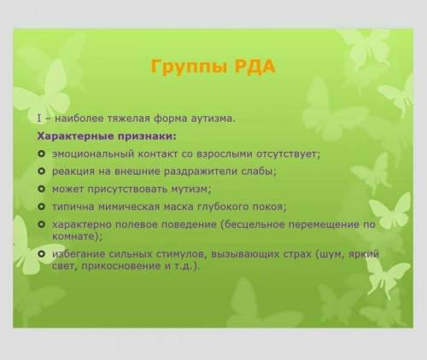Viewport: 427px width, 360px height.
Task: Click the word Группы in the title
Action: (190, 67)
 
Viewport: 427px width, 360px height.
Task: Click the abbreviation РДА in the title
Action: (254, 67)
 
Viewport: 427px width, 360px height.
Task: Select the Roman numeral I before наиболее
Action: (39, 119)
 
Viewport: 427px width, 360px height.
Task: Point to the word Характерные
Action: (75, 136)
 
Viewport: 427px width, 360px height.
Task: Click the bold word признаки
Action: (146, 136)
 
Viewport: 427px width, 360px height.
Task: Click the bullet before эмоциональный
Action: (42, 154)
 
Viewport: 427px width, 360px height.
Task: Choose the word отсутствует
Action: (289, 154)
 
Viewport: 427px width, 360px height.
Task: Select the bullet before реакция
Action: (42, 171)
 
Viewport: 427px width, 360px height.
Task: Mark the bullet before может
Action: (42, 189)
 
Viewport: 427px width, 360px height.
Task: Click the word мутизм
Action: (191, 189)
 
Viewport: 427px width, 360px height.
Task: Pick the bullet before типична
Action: (42, 206)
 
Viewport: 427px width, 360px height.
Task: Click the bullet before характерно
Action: (42, 224)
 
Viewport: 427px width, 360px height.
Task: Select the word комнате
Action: (75, 236)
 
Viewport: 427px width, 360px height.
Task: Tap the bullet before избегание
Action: (42, 253)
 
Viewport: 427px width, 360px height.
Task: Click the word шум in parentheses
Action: (330, 254)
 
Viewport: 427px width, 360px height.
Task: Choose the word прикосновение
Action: (122, 266)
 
